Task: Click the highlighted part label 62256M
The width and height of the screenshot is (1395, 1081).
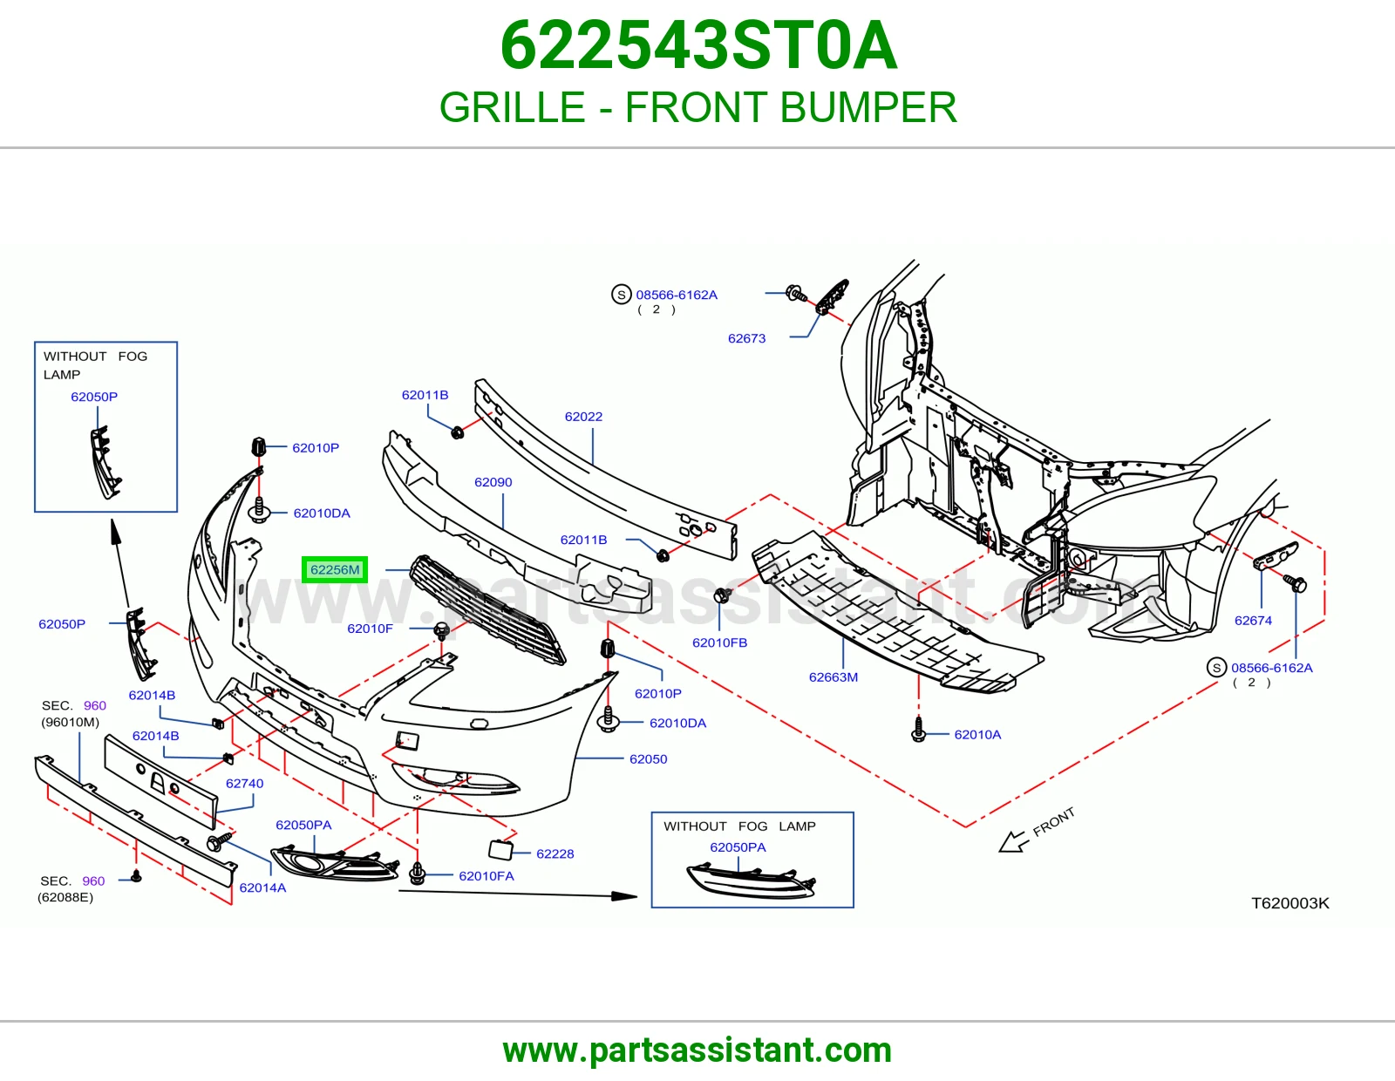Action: coord(335,569)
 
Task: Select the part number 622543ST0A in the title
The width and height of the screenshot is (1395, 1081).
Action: coord(698,45)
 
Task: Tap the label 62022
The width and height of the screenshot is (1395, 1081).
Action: coord(583,417)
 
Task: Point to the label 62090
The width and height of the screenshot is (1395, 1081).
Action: coord(493,482)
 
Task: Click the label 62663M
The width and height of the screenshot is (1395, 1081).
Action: coord(834,677)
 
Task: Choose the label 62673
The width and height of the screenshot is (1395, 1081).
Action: coord(746,338)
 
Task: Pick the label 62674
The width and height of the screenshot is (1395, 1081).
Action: coord(1253,620)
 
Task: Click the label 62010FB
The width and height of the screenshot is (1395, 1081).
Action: coord(719,642)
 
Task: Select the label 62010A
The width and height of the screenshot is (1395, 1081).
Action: coord(977,734)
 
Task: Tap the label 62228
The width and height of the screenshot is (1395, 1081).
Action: coord(555,853)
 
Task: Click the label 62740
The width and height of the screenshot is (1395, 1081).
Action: coord(245,783)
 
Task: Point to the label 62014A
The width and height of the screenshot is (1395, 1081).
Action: coord(262,887)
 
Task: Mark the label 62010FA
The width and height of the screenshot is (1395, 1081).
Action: coord(487,876)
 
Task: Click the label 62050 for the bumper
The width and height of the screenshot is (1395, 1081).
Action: coord(649,758)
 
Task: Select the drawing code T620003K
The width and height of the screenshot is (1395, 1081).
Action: coord(1290,903)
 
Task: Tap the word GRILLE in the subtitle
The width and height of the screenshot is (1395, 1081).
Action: coord(513,107)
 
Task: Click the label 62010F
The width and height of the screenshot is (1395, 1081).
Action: coord(370,629)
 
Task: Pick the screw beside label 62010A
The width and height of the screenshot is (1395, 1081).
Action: coord(919,729)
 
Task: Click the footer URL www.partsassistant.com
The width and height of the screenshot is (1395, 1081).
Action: coord(697,1050)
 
